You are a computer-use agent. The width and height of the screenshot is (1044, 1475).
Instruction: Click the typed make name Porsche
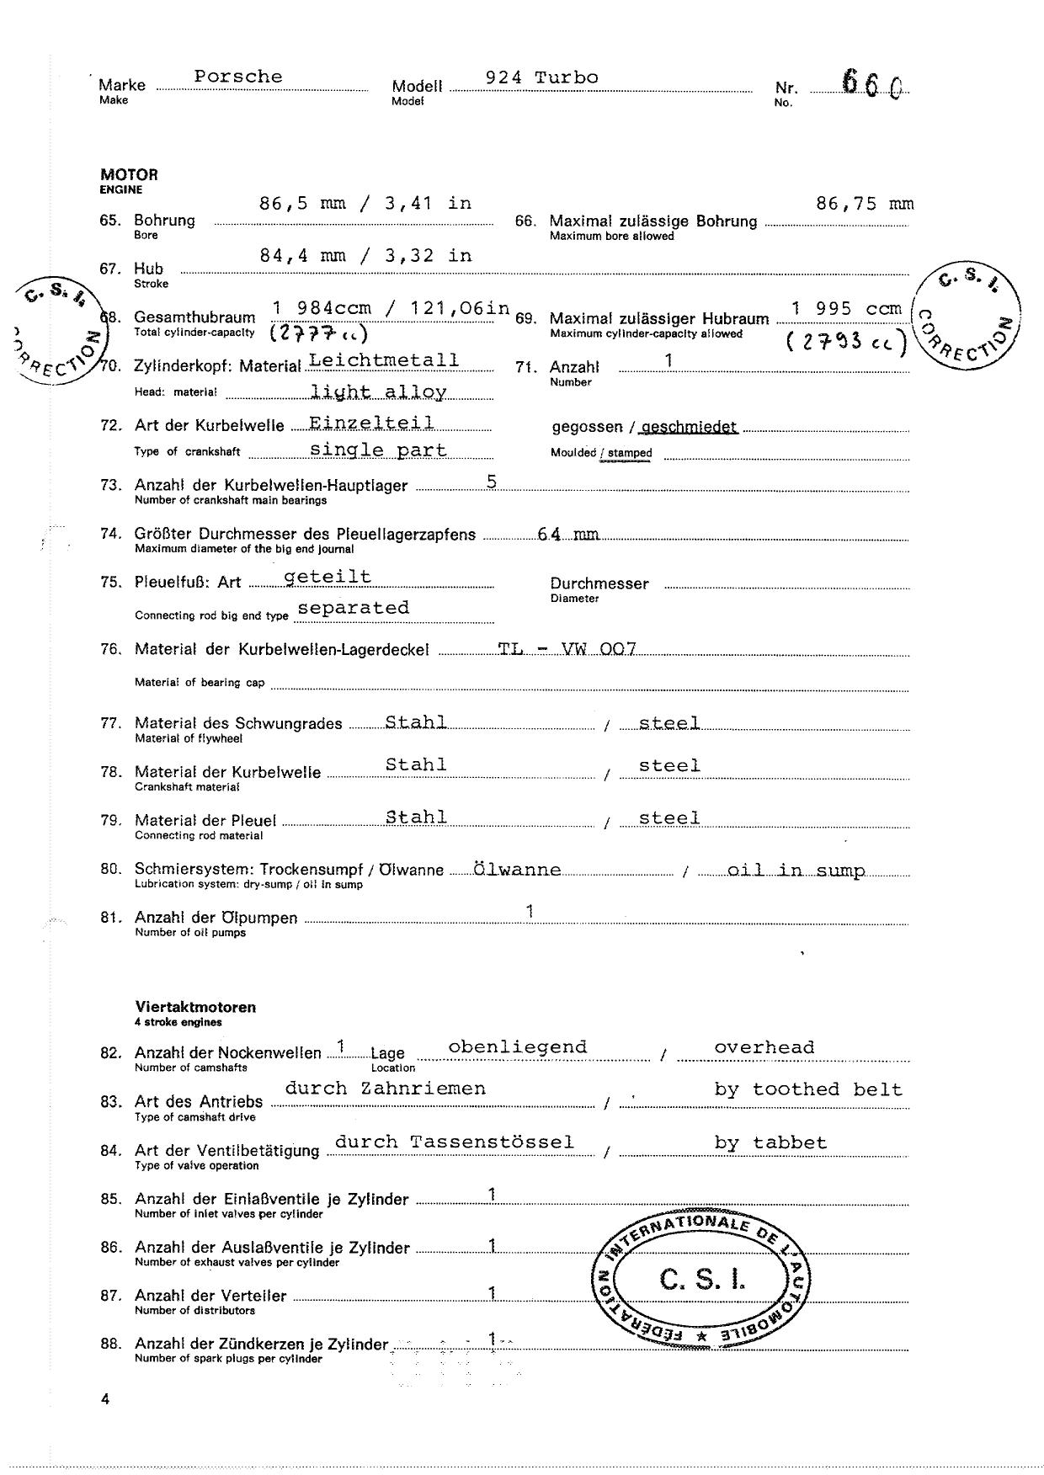238,77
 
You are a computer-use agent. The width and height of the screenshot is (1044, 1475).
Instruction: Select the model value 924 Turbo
541,77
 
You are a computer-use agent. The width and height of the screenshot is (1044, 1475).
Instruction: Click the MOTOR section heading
129,175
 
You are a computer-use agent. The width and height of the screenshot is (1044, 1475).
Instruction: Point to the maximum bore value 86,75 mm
865,204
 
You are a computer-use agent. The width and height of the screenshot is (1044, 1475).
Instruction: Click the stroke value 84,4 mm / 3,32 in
365,256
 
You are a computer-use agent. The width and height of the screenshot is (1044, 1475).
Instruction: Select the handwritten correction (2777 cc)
318,334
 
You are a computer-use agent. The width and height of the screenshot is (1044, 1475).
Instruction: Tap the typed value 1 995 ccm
846,309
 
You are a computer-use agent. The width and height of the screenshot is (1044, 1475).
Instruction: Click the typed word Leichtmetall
384,360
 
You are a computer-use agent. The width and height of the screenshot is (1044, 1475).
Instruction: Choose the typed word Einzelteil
371,423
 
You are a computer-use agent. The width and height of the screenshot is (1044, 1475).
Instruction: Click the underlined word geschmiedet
690,427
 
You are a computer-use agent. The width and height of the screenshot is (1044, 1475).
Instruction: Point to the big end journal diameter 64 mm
568,535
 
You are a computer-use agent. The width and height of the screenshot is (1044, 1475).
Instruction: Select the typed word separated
354,608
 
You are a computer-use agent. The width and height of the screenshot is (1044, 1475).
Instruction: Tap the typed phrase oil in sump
796,871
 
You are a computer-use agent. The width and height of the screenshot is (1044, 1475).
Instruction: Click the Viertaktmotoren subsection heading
195,1007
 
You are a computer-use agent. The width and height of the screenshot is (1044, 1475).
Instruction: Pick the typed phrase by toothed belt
807,1089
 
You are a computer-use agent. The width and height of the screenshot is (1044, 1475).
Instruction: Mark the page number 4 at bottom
104,1400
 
